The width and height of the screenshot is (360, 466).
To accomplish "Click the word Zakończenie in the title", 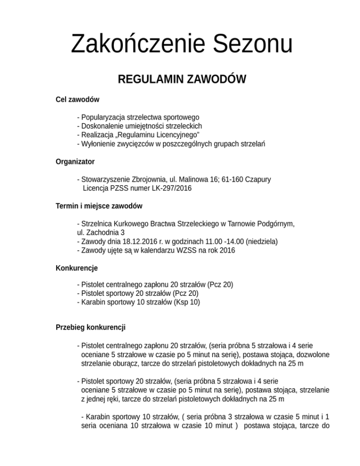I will [136, 45].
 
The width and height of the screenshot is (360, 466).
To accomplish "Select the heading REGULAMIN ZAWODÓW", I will [182, 80].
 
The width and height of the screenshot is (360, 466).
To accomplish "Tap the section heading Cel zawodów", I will [77, 99].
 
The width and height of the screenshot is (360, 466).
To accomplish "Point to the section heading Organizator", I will [75, 162].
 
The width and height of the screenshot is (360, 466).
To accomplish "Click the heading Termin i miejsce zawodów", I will [99, 206].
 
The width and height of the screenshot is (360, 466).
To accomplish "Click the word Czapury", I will [257, 180].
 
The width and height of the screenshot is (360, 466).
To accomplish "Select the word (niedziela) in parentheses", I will [260, 241].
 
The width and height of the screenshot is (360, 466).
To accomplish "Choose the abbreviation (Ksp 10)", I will [187, 302].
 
